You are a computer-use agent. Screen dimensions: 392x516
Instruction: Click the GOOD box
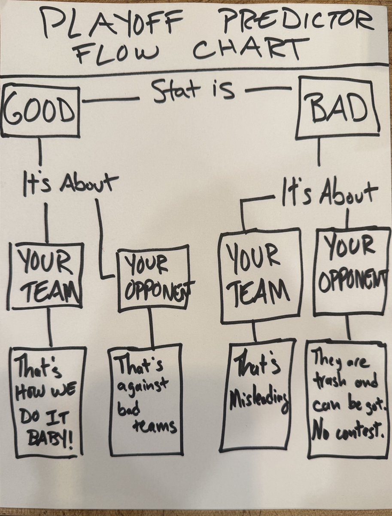coord(40,111)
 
